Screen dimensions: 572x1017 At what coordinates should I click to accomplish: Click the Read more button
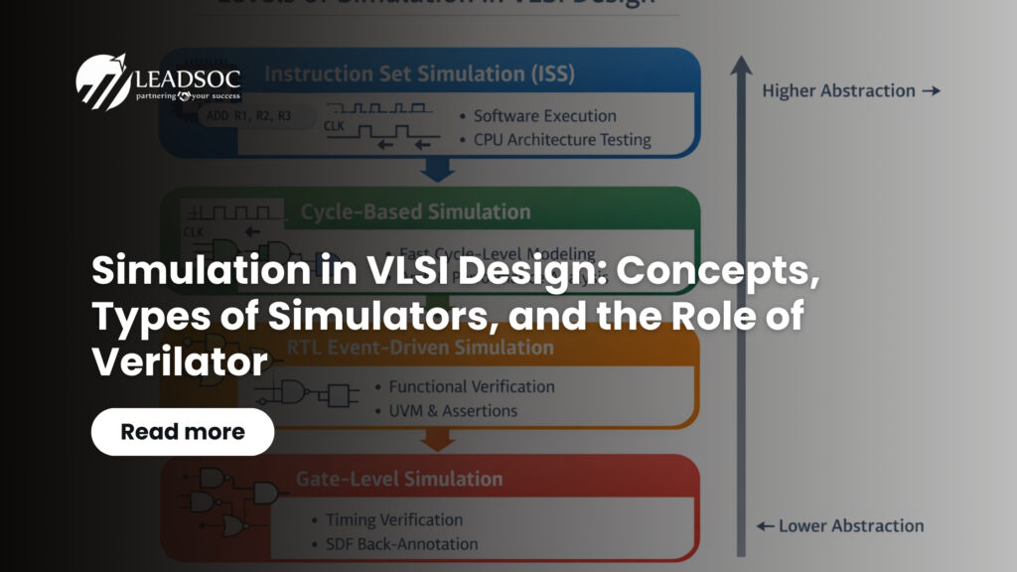183,432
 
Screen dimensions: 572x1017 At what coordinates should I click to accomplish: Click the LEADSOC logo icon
102,80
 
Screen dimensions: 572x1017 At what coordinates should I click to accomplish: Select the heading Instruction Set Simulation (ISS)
419,73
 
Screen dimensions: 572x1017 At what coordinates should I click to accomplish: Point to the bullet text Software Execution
544,116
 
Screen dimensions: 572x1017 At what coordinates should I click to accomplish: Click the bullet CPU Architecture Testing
562,139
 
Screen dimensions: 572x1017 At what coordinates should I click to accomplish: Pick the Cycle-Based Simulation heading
415,212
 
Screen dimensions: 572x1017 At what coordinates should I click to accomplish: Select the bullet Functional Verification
471,386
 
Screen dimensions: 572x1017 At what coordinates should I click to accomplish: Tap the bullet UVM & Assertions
453,410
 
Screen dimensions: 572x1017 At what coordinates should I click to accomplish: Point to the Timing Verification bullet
394,519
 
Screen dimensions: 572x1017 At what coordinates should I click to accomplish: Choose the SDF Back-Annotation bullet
401,543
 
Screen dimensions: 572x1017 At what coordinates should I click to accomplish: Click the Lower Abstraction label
839,526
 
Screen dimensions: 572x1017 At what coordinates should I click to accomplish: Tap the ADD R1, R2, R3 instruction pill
248,116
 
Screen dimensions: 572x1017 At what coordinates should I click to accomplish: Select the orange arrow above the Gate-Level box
437,440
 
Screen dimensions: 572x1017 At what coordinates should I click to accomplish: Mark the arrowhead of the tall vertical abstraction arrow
740,66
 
